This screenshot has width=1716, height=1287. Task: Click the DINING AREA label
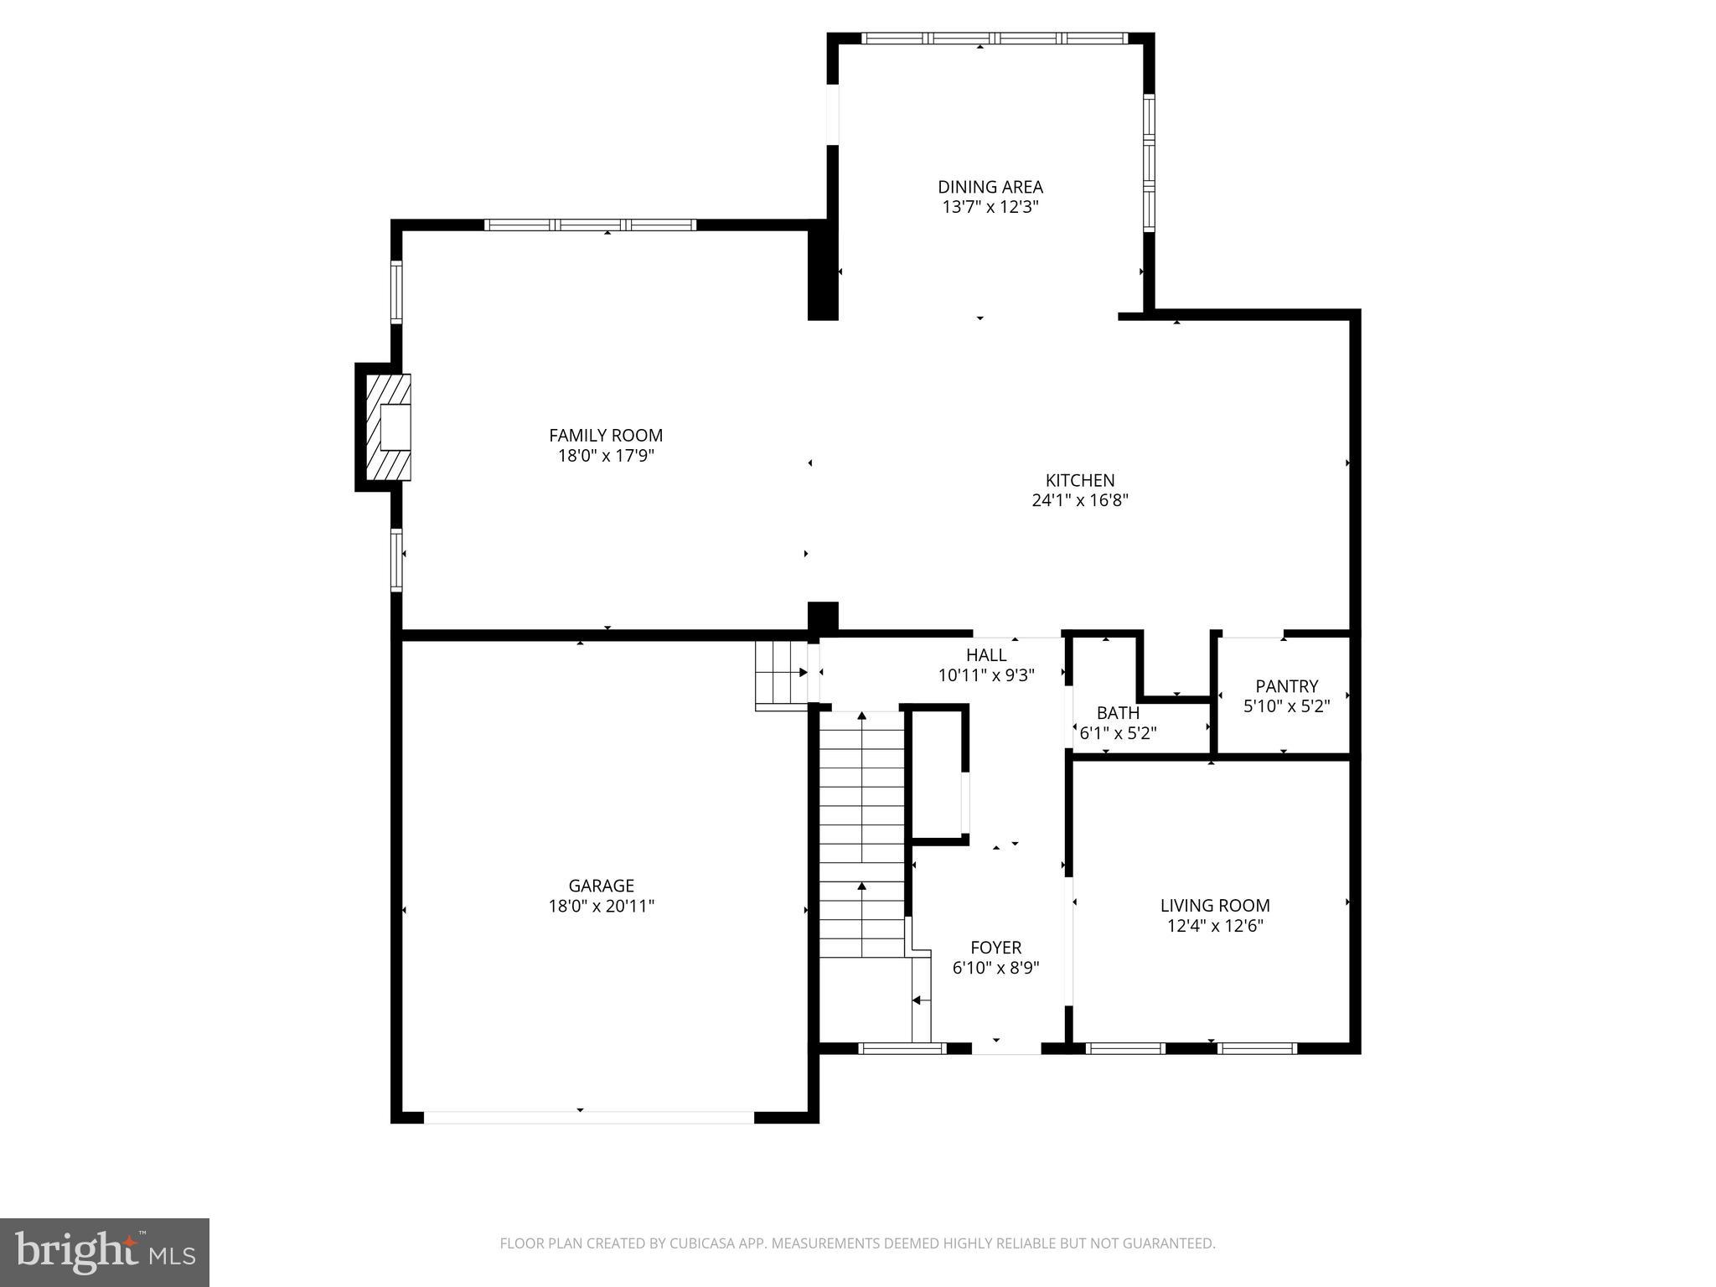click(990, 187)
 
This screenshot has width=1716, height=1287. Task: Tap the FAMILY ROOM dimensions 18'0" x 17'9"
click(605, 456)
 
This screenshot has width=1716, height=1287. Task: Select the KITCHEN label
click(1079, 480)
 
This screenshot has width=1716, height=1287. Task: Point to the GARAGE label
click(601, 886)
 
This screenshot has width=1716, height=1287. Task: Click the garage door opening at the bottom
click(588, 1117)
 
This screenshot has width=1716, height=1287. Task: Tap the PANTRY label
click(1286, 686)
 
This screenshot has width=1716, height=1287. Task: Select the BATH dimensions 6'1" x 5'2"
click(1118, 734)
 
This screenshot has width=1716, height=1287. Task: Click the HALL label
click(986, 655)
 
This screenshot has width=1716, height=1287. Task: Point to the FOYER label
click(995, 948)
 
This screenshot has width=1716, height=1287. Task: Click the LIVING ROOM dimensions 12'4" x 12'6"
click(1214, 926)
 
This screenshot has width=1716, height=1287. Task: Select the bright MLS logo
click(105, 1252)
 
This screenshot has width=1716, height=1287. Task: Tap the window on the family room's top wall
click(590, 225)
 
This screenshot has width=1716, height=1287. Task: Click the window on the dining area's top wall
click(995, 38)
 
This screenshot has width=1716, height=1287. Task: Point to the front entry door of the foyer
click(1005, 1048)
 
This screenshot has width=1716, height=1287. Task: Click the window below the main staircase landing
click(902, 1048)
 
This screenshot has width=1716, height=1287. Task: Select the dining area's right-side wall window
click(1149, 163)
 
